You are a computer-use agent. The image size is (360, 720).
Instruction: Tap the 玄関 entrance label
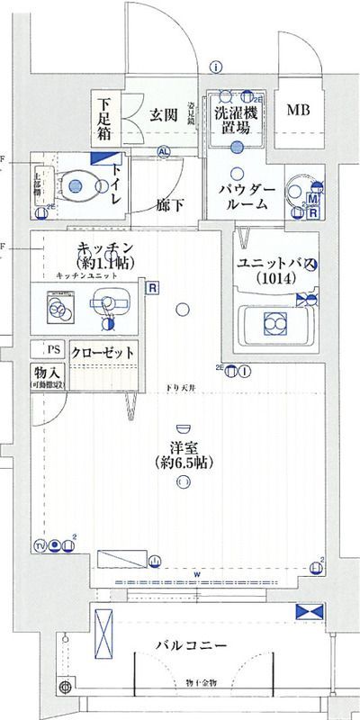coord(163,114)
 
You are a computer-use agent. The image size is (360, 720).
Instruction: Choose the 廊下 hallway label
coord(170,205)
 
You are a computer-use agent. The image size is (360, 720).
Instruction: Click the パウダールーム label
coord(241,196)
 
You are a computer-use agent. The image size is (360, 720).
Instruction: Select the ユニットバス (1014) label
coord(270,270)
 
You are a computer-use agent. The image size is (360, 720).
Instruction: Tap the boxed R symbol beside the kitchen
coord(152,290)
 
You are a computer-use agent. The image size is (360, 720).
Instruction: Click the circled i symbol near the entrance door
coord(217,66)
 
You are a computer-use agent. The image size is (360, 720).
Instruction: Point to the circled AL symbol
coord(163,152)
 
